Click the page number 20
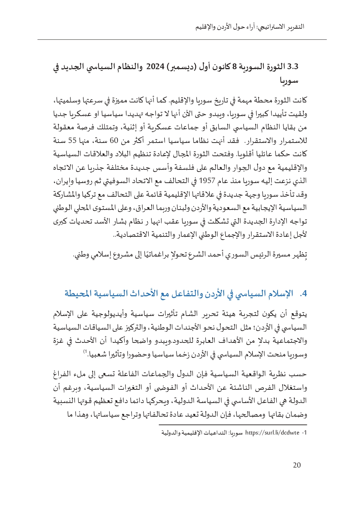pyautogui.click(x=297, y=465)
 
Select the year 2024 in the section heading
pyautogui.click(x=155, y=67)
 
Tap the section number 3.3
pyautogui.click(x=293, y=67)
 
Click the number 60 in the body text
pyautogui.click(x=114, y=140)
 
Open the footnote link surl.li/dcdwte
pyautogui.click(x=272, y=433)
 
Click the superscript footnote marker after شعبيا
pyautogui.click(x=85, y=352)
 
